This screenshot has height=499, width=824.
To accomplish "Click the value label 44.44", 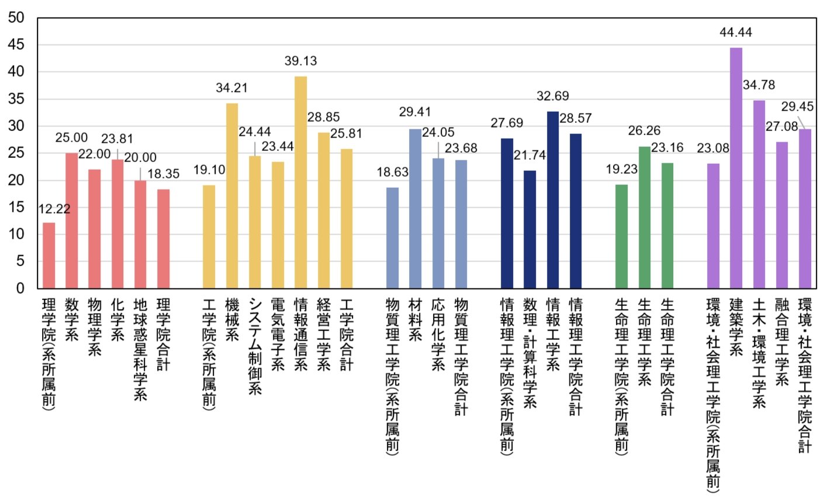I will click(x=736, y=33).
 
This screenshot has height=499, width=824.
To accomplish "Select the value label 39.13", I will click(x=300, y=61).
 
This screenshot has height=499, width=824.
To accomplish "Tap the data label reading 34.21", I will click(x=231, y=88).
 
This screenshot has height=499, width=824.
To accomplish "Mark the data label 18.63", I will click(x=392, y=172).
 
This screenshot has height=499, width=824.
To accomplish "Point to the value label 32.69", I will click(x=552, y=96).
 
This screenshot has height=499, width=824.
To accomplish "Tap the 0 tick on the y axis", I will click(x=20, y=288).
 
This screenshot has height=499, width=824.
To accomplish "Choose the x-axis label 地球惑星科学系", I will click(x=140, y=350).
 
